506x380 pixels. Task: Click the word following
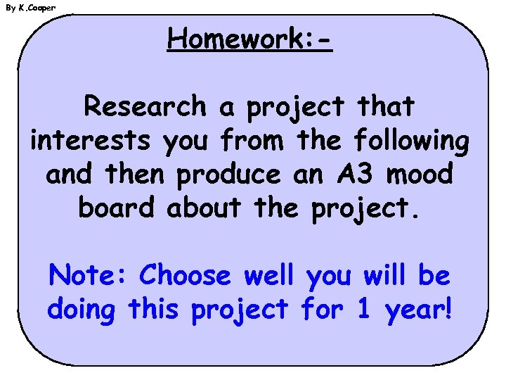pos(412,141)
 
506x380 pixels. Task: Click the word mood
pos(420,174)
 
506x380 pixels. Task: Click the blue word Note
pos(89,275)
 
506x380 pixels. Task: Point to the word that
pos(386,107)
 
